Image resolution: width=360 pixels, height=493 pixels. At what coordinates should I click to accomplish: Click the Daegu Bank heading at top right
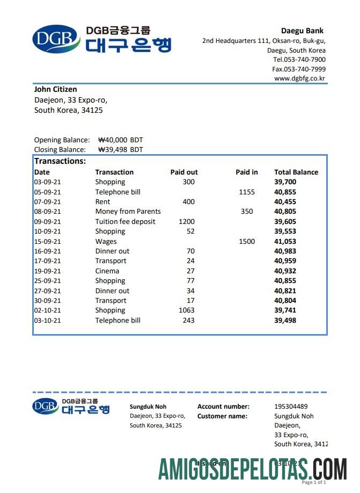(x=302, y=31)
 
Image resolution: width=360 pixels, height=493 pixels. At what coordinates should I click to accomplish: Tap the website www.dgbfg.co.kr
(x=299, y=78)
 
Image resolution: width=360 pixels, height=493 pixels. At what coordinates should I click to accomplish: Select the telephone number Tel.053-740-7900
(x=299, y=60)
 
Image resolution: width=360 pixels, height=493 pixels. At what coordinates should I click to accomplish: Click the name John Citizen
(x=55, y=89)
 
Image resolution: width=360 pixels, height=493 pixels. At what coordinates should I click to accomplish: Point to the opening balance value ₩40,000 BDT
(x=121, y=140)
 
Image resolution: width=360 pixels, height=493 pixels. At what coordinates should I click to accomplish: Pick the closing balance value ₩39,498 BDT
(x=121, y=149)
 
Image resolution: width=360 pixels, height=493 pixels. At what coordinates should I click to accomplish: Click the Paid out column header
(x=183, y=172)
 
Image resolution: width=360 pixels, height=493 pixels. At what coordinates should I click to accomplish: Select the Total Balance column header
(x=296, y=172)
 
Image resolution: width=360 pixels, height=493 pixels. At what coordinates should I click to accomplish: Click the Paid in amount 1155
(x=247, y=192)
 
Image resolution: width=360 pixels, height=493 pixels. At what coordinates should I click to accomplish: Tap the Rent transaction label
(x=102, y=201)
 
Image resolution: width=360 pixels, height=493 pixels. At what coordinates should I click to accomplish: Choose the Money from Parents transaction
(x=128, y=212)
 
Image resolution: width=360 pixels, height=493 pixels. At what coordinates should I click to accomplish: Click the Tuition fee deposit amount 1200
(x=187, y=221)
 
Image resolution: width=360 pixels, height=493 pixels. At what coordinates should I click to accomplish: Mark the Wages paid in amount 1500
(x=247, y=241)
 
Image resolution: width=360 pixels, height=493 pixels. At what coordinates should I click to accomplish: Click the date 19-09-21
(x=47, y=271)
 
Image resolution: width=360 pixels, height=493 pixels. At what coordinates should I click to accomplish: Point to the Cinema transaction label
(x=107, y=271)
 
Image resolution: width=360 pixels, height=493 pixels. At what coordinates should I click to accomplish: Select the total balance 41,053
(x=285, y=241)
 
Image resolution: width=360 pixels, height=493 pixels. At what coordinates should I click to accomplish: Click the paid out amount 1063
(x=187, y=310)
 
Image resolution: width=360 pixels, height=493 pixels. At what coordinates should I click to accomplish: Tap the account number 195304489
(x=291, y=407)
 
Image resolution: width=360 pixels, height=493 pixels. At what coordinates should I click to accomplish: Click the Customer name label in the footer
(x=222, y=416)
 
